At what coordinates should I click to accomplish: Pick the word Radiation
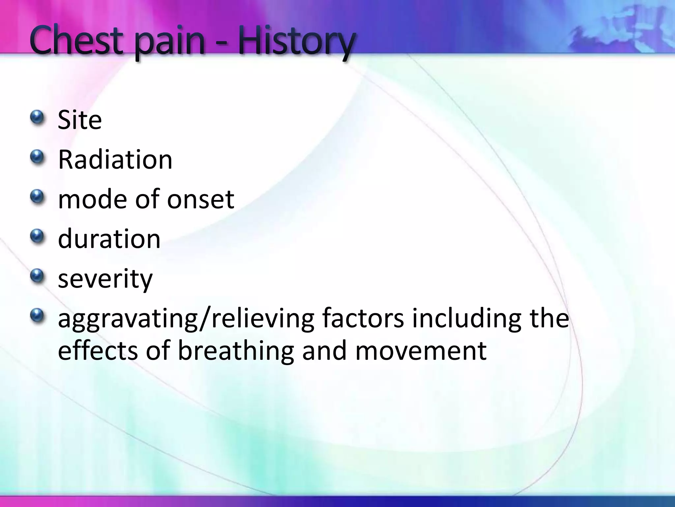click(x=115, y=160)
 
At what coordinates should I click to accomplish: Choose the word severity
click(x=105, y=279)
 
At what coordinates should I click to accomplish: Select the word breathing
click(x=236, y=351)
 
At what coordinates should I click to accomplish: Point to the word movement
click(x=421, y=351)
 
